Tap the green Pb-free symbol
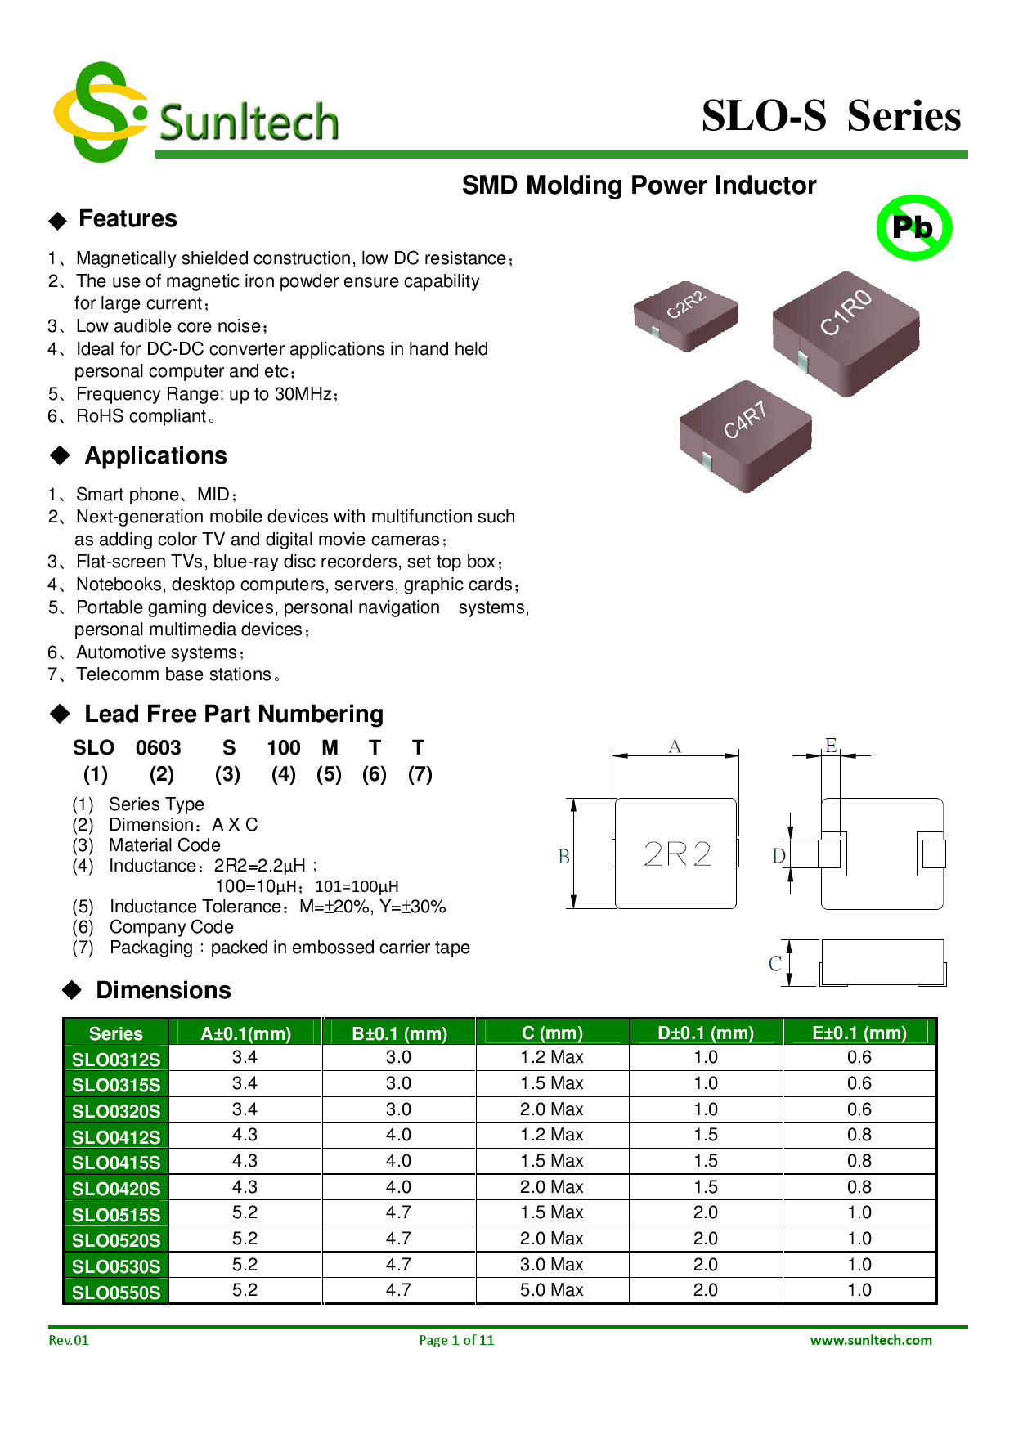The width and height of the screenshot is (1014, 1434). [x=913, y=227]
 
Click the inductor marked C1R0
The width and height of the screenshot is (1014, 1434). [x=846, y=333]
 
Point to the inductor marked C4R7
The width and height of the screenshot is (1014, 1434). [x=745, y=435]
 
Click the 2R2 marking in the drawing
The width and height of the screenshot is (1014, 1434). [x=677, y=854]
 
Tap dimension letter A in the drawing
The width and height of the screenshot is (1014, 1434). [x=675, y=746]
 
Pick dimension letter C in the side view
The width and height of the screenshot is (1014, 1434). [x=774, y=964]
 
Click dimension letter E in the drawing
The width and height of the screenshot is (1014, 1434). [x=831, y=745]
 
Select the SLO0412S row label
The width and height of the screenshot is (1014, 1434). [x=116, y=1136]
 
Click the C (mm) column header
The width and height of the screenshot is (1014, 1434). [x=552, y=1033]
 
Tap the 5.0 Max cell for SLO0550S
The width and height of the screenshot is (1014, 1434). [x=552, y=1290]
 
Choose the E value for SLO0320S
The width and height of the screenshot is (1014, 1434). [x=859, y=1109]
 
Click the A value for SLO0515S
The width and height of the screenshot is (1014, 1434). [x=245, y=1212]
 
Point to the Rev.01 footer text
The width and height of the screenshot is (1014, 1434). [x=69, y=1340]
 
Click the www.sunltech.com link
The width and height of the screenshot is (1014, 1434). [x=871, y=1340]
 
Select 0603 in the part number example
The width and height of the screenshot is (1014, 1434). [x=158, y=747]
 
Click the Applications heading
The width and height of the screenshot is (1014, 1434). [x=155, y=455]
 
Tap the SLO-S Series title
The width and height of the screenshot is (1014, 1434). [x=831, y=115]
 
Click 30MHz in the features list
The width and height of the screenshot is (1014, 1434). [x=307, y=394]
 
